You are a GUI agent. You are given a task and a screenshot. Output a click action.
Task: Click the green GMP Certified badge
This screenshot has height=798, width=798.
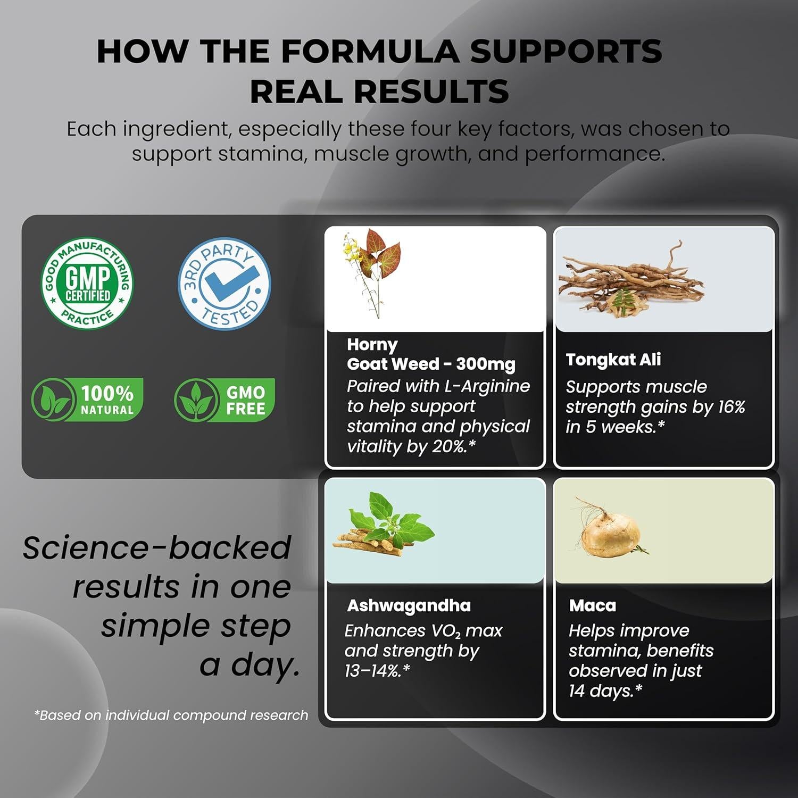87,283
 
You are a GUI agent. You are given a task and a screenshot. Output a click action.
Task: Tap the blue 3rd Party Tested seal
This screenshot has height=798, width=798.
224,284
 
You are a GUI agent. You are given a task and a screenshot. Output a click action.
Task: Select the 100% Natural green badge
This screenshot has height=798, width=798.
87,400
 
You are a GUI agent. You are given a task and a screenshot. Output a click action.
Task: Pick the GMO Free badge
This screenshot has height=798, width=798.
225,400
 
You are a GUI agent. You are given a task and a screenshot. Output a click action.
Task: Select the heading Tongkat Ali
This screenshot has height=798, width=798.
613,360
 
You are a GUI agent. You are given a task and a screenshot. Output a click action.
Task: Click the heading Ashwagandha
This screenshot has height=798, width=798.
409,606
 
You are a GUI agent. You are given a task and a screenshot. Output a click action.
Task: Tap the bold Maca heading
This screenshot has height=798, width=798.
593,605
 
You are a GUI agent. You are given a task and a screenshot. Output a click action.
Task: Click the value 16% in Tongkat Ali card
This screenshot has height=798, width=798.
731,407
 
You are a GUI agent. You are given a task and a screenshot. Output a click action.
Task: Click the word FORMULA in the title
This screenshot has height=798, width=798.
370,52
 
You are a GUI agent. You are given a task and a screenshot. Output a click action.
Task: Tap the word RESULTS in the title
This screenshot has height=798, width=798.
431,91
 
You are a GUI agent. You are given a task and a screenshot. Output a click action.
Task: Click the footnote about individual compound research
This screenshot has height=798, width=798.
171,716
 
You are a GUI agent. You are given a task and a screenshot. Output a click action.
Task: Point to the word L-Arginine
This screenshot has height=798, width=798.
485,386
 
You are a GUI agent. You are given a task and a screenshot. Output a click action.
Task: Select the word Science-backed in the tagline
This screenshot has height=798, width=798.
157,548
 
